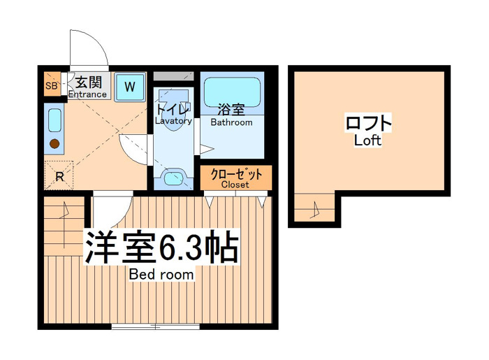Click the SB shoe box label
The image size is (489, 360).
52,85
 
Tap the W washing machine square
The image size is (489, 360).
130,87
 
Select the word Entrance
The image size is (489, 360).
87,94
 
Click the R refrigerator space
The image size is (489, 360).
59,176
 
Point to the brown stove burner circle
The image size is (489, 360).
54,144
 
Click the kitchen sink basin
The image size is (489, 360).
55,120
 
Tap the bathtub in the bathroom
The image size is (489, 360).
232,92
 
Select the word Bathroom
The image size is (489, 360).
231,122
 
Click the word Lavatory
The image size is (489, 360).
173,121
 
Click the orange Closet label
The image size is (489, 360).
236,178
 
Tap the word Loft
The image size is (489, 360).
367,141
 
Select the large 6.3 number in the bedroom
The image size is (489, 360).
180,246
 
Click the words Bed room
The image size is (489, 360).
161,275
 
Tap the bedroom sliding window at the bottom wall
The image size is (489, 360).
156,327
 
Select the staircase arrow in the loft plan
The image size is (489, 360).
316,210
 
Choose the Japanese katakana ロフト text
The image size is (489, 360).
368,122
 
